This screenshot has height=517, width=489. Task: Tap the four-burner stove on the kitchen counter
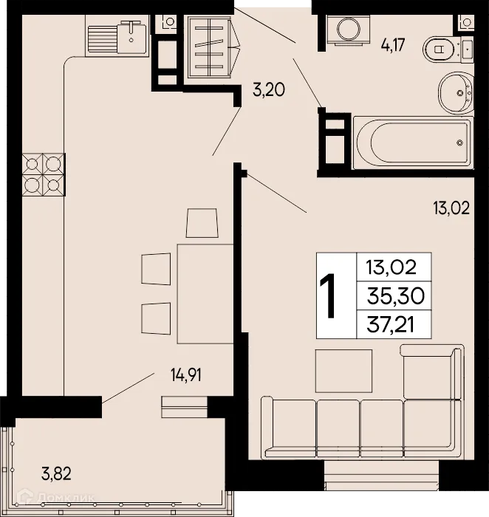click(x=44, y=174)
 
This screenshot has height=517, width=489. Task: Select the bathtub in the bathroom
click(x=413, y=142)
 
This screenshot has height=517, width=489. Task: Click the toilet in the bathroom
click(x=446, y=50)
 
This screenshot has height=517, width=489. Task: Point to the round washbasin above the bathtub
click(x=456, y=93)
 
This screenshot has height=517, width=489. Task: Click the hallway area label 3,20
click(x=269, y=91)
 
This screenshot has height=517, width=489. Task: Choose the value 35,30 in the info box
click(x=392, y=295)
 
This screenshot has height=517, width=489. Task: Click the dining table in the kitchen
click(x=205, y=293)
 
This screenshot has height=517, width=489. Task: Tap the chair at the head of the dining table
click(x=202, y=222)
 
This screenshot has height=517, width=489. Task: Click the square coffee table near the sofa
click(x=343, y=370)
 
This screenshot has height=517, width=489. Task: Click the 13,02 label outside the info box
click(x=451, y=208)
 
